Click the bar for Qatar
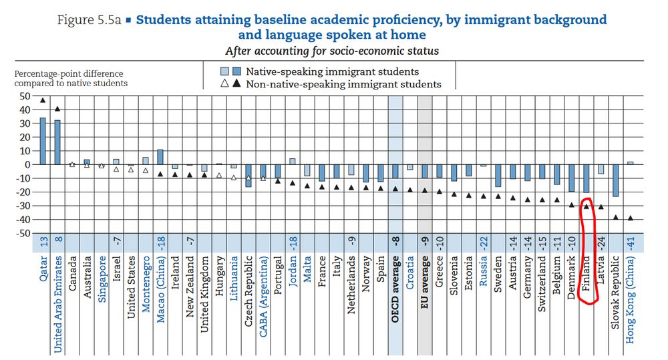[x=43, y=141]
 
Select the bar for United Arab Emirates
[x=57, y=142]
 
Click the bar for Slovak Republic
[x=615, y=180]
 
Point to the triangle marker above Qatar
[x=43, y=101]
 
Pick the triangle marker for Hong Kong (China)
[x=630, y=218]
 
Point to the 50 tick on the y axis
[x=25, y=96]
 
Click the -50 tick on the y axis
[x=24, y=233]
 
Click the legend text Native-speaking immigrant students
[x=333, y=71]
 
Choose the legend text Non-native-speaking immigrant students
[x=343, y=84]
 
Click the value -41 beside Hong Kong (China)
[x=630, y=243]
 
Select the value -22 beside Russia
[x=483, y=243]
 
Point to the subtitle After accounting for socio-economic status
[x=332, y=50]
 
